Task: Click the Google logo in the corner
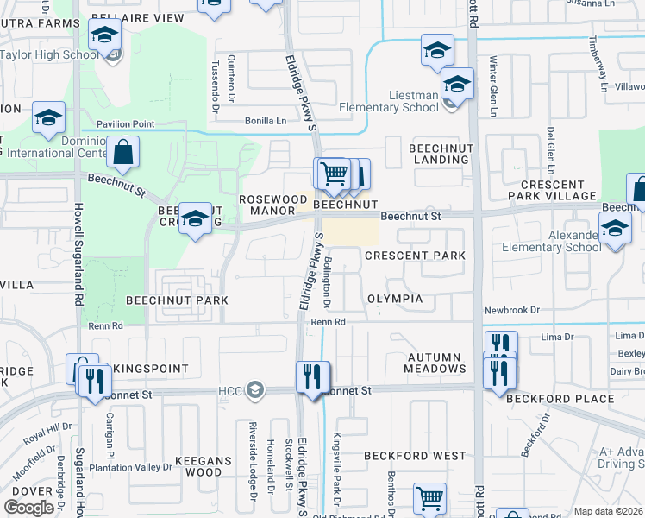coord(28,508)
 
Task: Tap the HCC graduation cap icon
coord(254,391)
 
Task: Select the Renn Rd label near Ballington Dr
coord(328,322)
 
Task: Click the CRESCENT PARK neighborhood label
coord(415,256)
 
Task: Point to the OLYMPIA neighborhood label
coord(395,299)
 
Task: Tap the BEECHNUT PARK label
coord(177,300)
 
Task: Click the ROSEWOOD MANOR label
coord(272,204)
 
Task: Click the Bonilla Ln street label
coord(265,121)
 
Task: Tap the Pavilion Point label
coord(125,124)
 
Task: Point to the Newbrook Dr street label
coord(511,309)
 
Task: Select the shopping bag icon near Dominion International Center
coord(124,153)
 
